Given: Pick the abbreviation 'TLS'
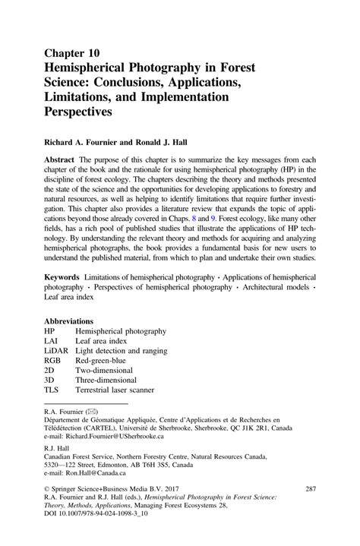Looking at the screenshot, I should click(52, 390).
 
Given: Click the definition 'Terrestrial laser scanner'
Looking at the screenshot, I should click(115, 390).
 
